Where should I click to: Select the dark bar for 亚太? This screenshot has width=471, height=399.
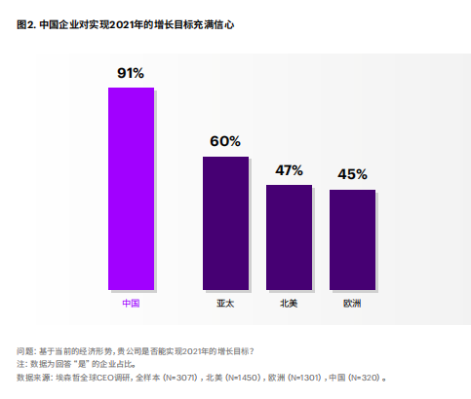tap(225, 223)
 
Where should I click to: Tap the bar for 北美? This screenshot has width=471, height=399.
tap(289, 237)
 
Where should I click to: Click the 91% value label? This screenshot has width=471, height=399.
tap(131, 73)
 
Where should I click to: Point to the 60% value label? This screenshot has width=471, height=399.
tap(225, 141)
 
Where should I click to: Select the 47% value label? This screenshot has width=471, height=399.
tap(289, 169)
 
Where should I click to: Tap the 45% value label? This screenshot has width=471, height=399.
tap(352, 174)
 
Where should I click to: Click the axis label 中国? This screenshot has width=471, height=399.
tap(131, 304)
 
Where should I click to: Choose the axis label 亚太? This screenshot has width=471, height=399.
tap(225, 304)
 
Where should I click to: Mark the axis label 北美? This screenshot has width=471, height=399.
tap(289, 304)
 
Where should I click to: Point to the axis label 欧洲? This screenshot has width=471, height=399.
tap(352, 304)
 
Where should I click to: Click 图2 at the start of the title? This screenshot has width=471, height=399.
tap(25, 23)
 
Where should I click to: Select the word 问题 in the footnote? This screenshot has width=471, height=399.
tap(26, 350)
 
